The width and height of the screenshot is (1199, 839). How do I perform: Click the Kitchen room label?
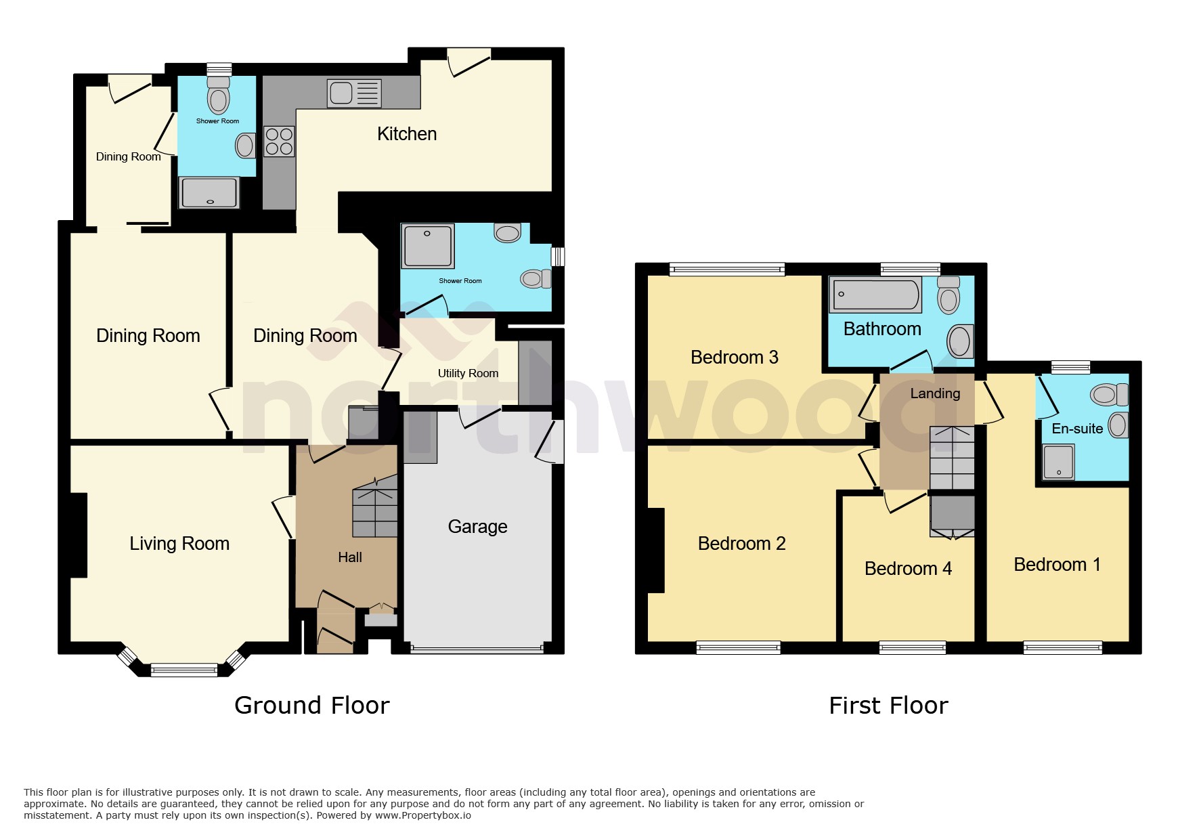(406, 134)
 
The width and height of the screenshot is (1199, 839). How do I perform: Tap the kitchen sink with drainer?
(354, 93)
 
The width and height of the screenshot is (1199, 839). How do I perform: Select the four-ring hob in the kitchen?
(279, 142)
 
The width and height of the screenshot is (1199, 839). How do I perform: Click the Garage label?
(477, 527)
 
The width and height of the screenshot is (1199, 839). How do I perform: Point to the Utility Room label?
(468, 373)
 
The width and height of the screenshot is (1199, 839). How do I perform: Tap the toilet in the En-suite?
(1110, 395)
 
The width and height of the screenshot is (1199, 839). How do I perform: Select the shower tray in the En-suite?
(1058, 462)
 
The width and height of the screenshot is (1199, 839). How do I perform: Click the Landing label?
(934, 393)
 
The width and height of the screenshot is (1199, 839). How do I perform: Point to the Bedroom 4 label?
(908, 569)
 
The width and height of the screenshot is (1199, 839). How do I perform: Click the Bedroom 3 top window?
(727, 270)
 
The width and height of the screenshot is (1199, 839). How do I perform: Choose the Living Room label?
(179, 544)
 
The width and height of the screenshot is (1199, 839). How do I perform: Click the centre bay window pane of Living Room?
(184, 670)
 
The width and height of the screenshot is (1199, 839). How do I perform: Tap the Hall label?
(350, 557)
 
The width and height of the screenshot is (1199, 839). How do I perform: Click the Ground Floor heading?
(312, 706)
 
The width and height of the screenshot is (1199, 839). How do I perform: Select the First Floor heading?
(888, 706)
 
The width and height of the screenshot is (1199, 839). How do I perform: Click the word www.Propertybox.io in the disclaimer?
(423, 815)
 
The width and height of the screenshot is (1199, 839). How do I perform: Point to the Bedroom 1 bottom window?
(1062, 648)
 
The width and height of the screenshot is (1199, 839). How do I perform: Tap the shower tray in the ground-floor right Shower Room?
(428, 245)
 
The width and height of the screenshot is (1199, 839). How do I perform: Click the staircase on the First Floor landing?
(952, 458)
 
